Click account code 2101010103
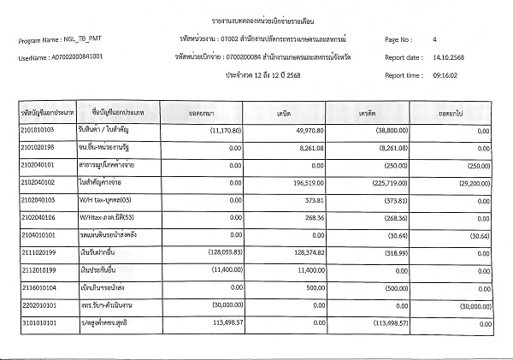tap(38, 130)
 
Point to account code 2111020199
tap(38, 253)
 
